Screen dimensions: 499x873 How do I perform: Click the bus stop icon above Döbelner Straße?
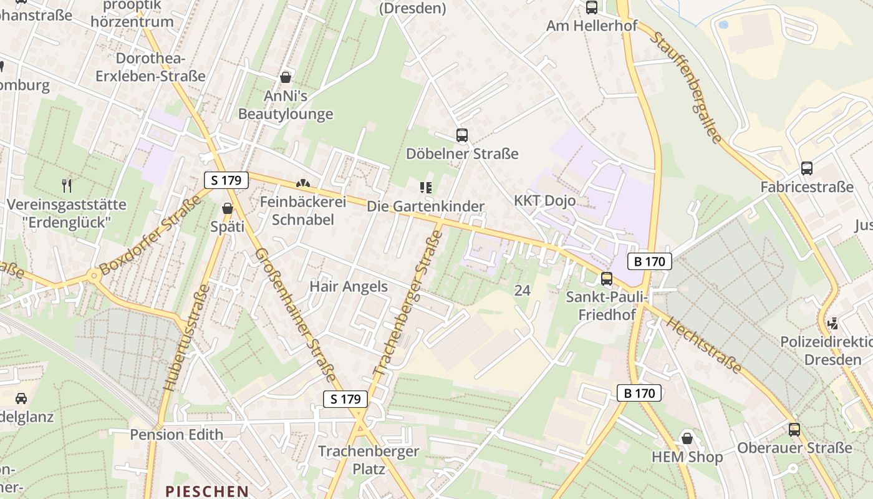click(x=462, y=135)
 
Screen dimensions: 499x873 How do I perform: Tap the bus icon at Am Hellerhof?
click(x=591, y=7)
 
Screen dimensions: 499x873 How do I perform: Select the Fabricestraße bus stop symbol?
click(x=806, y=168)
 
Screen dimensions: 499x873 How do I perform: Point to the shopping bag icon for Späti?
click(x=228, y=208)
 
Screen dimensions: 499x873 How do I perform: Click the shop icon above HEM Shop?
click(x=687, y=438)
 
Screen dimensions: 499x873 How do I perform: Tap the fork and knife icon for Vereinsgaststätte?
click(x=67, y=185)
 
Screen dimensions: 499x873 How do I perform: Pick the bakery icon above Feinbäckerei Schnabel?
click(x=302, y=184)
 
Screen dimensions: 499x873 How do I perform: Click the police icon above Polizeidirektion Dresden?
click(x=832, y=323)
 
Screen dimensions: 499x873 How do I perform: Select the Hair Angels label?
click(x=349, y=287)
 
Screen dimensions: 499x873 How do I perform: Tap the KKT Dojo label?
click(x=544, y=201)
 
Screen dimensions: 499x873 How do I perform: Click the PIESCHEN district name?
click(x=207, y=491)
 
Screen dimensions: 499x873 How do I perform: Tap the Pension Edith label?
click(x=176, y=434)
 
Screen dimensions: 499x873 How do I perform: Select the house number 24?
click(x=523, y=290)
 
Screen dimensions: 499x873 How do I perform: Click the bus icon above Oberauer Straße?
click(x=794, y=429)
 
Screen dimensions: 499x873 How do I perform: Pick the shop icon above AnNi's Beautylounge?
click(x=286, y=77)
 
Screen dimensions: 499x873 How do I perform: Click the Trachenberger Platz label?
click(x=369, y=460)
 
